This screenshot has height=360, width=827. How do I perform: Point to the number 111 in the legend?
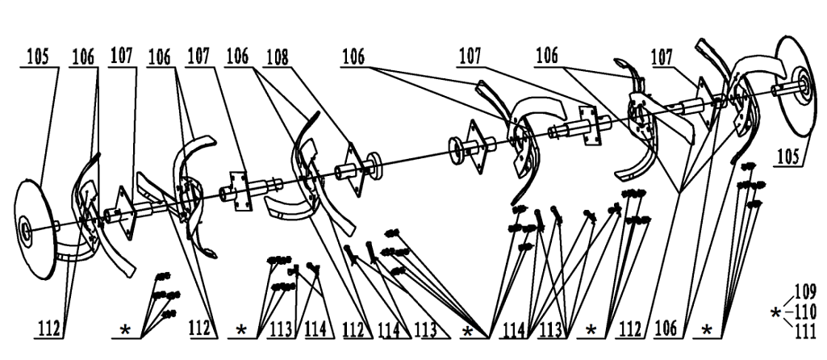[x=806, y=332]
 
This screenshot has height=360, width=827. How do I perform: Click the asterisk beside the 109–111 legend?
[x=775, y=313]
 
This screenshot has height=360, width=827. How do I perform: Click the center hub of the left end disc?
[x=24, y=229]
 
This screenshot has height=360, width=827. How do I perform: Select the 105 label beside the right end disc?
[x=789, y=157]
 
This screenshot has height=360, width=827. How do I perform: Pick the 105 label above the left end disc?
[x=37, y=57]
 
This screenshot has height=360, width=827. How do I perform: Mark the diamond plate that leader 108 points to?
[x=352, y=169]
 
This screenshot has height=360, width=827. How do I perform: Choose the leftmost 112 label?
[x=49, y=331]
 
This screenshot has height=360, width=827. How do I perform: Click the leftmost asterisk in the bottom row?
[x=125, y=331]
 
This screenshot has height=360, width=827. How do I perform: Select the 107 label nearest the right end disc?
[x=662, y=57]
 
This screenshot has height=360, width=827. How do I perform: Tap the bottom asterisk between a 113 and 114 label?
[x=467, y=331]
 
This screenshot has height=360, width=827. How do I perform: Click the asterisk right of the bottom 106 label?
[x=707, y=331]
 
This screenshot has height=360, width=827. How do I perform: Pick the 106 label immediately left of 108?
[x=237, y=57]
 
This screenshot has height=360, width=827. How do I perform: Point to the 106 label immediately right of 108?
[x=354, y=57]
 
